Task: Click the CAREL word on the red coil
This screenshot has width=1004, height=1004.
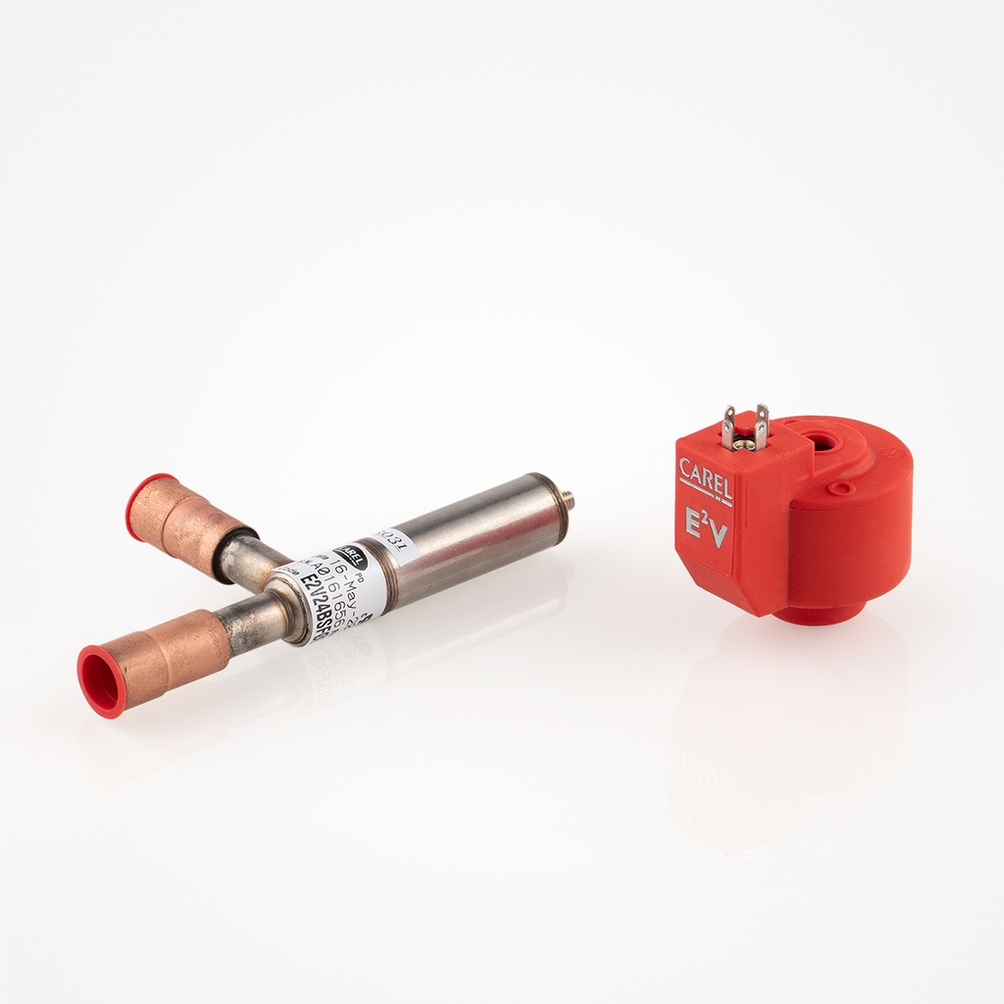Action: click(x=705, y=475)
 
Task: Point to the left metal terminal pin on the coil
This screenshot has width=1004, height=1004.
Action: click(x=728, y=427)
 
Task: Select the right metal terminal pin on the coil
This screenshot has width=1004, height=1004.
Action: click(x=761, y=426)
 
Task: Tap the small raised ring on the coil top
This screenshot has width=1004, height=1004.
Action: click(x=839, y=486)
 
